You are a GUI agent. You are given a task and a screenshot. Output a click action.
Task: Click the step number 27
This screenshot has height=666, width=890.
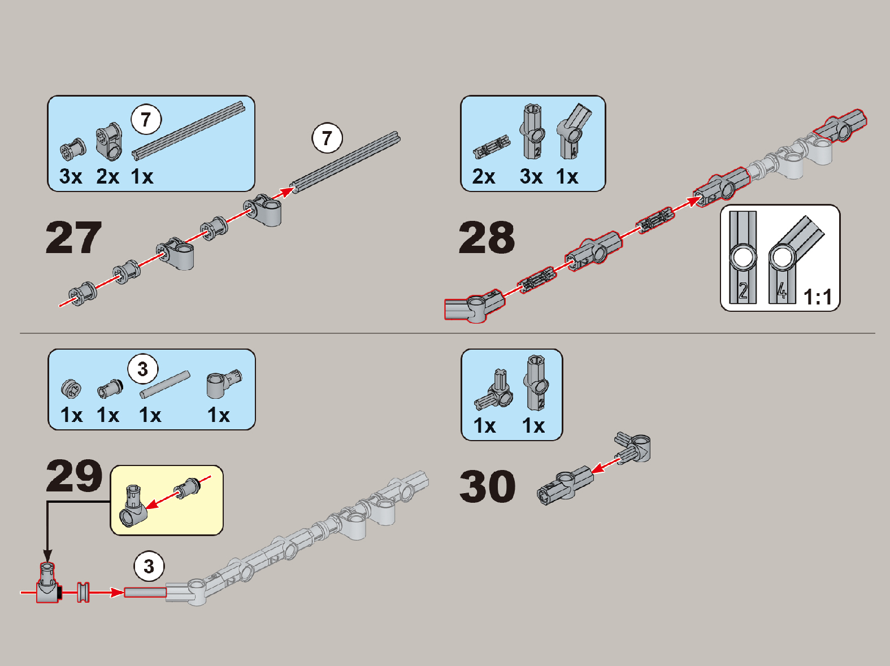[73, 238]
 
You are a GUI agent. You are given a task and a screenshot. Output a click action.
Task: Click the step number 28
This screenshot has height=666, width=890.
[487, 238]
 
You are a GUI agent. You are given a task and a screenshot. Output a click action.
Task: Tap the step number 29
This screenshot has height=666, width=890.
[74, 476]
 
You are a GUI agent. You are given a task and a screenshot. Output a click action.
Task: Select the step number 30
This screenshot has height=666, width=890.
[487, 486]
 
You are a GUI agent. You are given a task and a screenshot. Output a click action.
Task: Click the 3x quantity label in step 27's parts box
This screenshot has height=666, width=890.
[71, 176]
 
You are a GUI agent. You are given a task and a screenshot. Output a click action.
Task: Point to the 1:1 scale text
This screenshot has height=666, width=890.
[818, 297]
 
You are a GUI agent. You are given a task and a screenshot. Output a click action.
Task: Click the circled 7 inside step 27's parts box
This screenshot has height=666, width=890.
[146, 120]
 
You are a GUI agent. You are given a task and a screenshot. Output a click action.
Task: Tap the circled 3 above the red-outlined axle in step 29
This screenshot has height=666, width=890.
[149, 566]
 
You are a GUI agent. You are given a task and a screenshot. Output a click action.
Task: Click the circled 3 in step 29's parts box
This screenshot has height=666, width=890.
[143, 369]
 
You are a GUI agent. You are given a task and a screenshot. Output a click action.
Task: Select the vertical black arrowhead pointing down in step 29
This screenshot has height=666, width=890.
[48, 555]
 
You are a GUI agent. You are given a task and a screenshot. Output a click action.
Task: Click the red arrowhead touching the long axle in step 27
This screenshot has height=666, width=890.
[286, 191]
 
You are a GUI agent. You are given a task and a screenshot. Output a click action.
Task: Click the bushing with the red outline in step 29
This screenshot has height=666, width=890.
[83, 592]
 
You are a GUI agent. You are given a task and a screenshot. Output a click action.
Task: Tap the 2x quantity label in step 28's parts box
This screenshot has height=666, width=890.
[483, 176]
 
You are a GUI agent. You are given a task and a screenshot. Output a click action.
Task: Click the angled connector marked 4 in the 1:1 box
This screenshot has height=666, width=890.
[795, 259]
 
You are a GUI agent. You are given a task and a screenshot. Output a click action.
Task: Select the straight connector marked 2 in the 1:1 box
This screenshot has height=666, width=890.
[743, 258]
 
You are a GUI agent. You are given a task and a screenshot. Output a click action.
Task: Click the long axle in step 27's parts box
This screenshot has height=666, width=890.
[189, 130]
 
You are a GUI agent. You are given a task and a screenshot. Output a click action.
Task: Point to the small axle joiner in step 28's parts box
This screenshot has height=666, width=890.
[492, 147]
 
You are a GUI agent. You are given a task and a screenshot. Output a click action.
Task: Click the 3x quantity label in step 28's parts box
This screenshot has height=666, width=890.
[531, 176]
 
